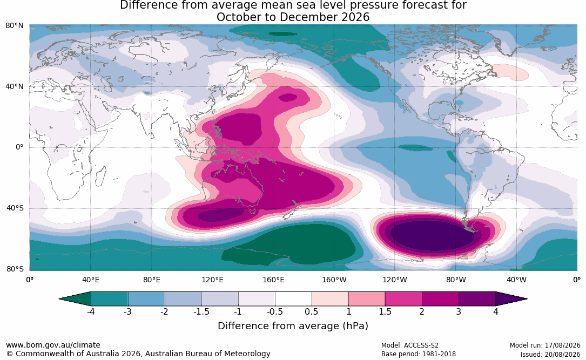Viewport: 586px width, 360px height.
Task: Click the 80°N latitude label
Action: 14,26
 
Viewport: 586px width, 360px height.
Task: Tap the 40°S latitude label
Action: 15,208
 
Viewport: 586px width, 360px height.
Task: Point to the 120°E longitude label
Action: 213,280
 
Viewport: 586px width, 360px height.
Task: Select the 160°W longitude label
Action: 334,280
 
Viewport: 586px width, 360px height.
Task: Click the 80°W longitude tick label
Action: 456,280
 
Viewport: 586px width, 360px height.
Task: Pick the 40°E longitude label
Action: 91,280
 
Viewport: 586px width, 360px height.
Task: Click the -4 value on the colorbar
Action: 90,311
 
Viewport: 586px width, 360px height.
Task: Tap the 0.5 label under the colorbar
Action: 311,311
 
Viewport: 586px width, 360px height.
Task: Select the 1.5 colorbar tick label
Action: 385,311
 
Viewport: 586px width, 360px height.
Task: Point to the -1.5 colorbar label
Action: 201,311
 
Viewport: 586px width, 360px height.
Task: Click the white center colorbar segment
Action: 293,299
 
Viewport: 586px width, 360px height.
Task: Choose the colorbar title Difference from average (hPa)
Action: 293,326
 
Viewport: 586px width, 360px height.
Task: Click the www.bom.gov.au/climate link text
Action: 53,345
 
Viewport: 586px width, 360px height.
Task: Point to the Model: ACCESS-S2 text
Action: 410,345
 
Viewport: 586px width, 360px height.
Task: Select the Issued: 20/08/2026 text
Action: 550,354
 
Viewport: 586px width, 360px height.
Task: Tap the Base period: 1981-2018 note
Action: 419,354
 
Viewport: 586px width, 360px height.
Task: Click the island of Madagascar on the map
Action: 100,176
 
